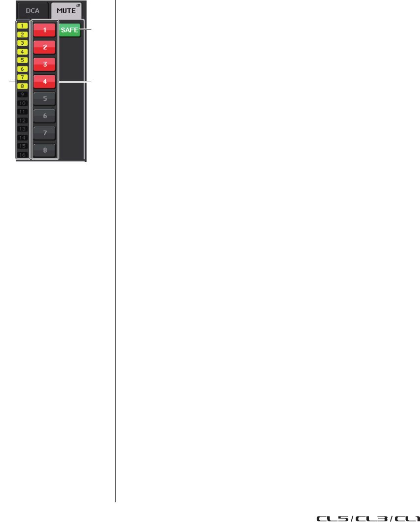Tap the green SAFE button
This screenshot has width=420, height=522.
69,30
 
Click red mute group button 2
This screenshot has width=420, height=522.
45,47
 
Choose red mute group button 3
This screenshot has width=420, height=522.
45,64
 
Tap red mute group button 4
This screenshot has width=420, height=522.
45,82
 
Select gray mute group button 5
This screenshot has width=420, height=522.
45,99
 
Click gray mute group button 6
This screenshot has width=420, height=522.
45,116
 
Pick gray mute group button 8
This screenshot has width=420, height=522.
45,151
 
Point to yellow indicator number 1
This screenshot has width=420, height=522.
23,25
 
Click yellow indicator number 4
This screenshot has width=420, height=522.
23,51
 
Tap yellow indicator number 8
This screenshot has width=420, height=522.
23,86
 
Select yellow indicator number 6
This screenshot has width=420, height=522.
23,68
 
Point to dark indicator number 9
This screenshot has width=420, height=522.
23,94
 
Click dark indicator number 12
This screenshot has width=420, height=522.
23,120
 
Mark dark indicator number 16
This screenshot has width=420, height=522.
23,154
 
